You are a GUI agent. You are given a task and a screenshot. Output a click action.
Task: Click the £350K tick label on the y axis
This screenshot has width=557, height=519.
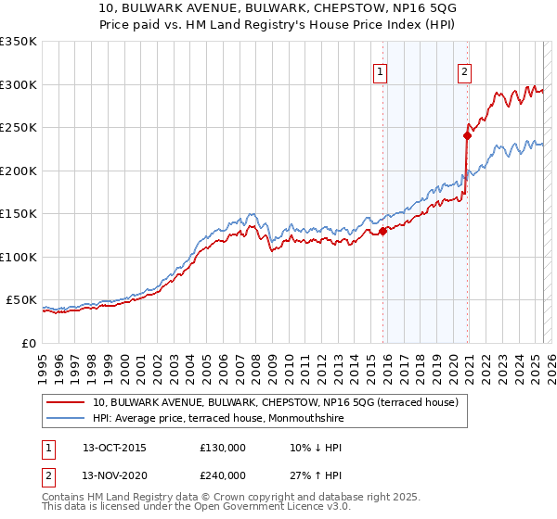[19, 42]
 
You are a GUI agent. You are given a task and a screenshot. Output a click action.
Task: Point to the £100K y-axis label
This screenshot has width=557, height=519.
[19, 257]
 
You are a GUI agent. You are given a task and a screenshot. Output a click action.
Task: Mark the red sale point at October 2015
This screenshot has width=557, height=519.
[382, 232]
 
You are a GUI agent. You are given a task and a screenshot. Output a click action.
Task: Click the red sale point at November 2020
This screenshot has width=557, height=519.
[467, 136]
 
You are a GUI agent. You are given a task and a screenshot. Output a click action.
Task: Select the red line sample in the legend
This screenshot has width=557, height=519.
[68, 402]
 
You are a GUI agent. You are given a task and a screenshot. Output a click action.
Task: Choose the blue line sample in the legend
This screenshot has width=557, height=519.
[68, 419]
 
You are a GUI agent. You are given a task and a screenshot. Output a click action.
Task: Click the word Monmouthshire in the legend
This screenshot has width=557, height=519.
[312, 419]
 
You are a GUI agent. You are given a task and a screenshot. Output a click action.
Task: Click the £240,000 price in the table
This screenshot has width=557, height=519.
[223, 475]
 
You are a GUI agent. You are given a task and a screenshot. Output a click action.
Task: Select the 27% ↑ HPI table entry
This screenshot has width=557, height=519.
[317, 475]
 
